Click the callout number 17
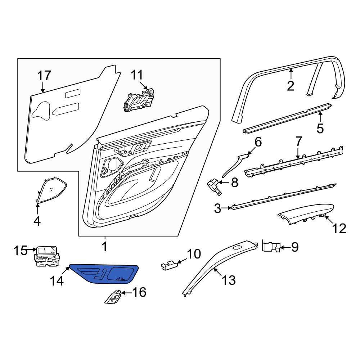[x=44, y=76]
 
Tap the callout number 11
[x=137, y=75]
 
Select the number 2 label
[x=291, y=86]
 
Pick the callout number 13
[x=229, y=280]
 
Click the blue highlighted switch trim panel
[x=104, y=274]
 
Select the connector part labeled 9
[x=271, y=247]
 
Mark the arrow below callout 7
[x=298, y=154]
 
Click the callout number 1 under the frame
[x=104, y=247]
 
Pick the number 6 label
[x=258, y=142]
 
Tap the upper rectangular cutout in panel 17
[x=73, y=94]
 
